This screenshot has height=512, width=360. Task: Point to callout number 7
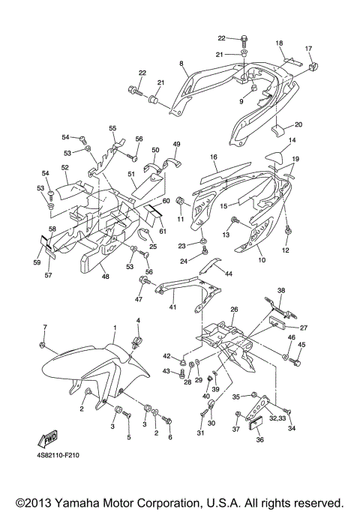point(44,328)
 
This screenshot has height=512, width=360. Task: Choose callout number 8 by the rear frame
point(181,64)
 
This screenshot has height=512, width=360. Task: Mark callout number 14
point(292,140)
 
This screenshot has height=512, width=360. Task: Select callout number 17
point(307,49)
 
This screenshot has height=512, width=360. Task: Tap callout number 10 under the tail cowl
point(261,259)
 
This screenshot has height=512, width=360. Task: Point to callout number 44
point(229,274)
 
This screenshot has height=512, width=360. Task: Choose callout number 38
point(281,290)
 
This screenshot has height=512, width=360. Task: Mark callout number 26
point(233,309)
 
